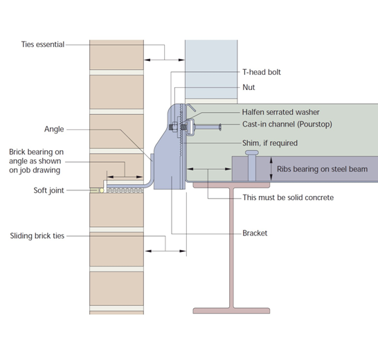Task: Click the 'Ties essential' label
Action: pos(43,45)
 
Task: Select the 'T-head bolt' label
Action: pos(261,72)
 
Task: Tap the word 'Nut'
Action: pos(249,88)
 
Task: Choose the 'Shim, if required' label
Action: pos(269,143)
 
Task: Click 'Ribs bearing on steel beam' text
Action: pos(322,168)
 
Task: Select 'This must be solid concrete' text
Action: pos(288,198)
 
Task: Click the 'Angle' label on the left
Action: pos(55,129)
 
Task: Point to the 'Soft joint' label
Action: pos(49,190)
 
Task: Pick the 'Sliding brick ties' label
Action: pos(37,236)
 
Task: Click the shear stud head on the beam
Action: pos(252,152)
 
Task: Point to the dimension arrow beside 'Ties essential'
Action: pos(165,53)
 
